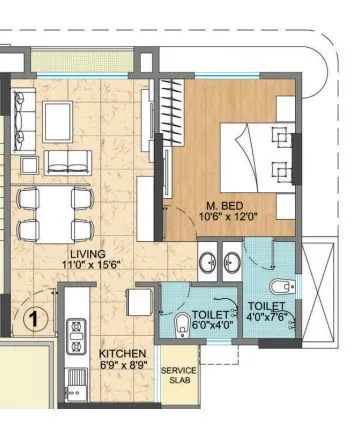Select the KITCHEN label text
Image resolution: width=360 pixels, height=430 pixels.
click(123, 355)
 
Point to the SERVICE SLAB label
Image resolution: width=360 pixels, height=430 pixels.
click(180, 375)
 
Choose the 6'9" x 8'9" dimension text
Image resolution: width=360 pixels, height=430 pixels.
click(123, 367)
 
